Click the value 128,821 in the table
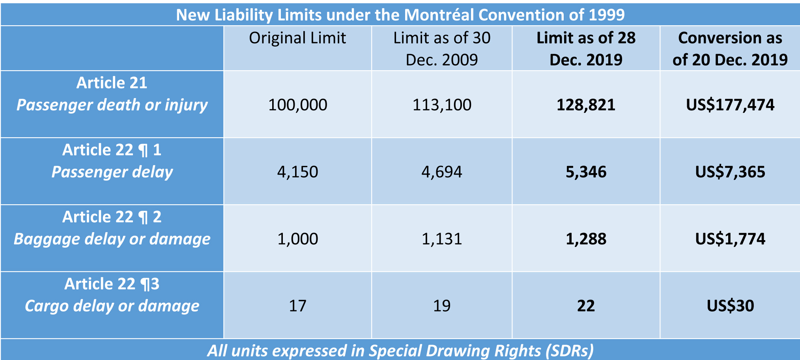point(586,105)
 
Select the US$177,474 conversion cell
point(730,105)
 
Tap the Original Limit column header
point(297,38)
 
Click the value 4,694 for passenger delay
point(441,172)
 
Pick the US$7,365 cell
point(730,172)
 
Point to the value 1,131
point(441,239)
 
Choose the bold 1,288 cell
point(586,239)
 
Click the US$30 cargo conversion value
point(730,306)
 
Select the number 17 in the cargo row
point(297,306)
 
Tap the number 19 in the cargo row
point(441,306)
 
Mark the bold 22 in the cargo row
point(586,306)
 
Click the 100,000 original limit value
point(297,105)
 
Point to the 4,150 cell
point(297,172)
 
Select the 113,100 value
point(441,105)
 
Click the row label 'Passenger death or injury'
point(112,105)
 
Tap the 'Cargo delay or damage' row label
point(112,306)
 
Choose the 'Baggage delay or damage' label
point(112,239)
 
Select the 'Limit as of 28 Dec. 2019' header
point(586,48)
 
